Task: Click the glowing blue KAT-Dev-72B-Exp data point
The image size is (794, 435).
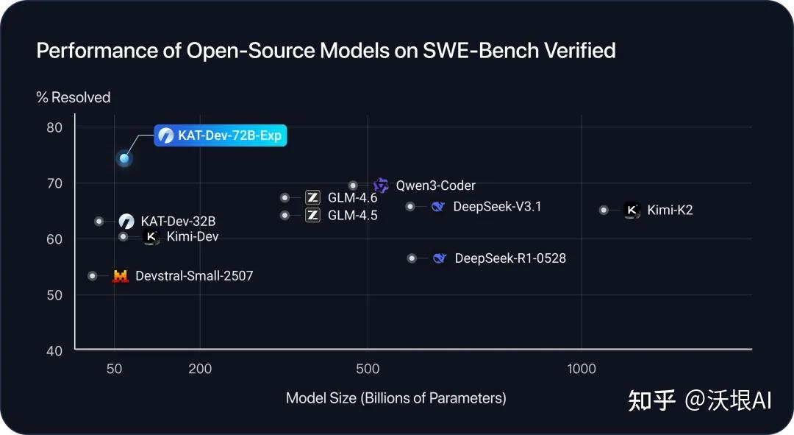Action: (124, 158)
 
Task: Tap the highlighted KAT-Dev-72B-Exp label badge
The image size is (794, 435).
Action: (220, 135)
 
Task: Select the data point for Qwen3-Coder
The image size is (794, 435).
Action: (353, 185)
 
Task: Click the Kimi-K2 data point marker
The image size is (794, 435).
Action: (604, 210)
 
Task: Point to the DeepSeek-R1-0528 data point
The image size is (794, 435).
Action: (412, 258)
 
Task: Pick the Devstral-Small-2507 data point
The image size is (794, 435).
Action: (93, 276)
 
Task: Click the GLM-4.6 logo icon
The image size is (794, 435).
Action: (312, 197)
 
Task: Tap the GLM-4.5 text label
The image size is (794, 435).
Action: (352, 216)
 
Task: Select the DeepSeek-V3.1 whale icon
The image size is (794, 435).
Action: (438, 207)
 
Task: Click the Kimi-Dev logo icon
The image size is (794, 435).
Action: (151, 237)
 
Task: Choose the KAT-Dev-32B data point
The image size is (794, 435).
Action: (99, 221)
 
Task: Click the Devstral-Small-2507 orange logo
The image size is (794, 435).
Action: (120, 277)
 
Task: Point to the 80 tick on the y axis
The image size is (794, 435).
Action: (54, 127)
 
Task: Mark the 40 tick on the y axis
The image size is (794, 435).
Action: (54, 350)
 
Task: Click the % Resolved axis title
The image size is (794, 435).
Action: (74, 98)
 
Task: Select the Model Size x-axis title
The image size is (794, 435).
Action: (396, 398)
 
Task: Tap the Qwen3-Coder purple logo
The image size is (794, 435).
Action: (381, 185)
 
